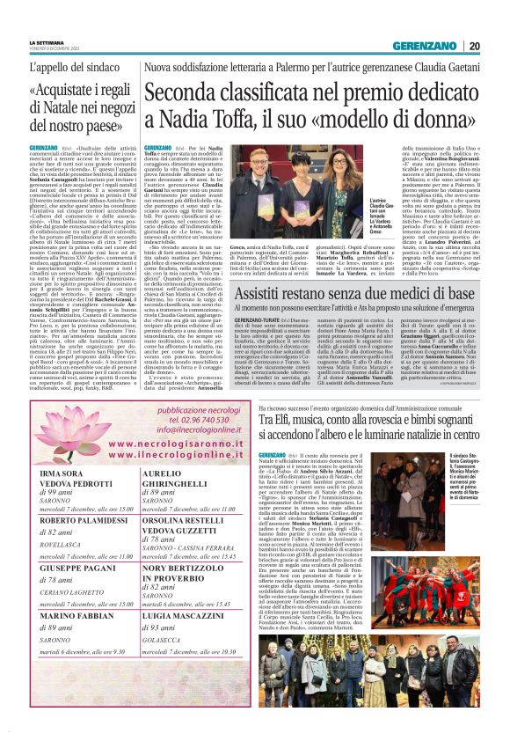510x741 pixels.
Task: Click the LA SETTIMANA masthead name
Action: coord(47,42)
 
